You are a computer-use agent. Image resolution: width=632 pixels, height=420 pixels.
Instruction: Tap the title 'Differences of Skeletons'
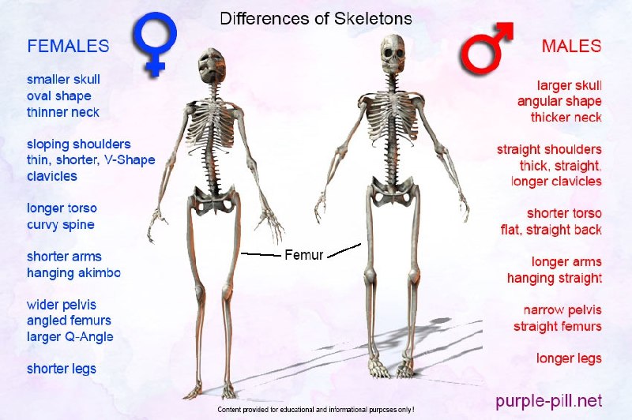316,19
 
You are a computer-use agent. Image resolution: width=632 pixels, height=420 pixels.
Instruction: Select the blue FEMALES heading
68,46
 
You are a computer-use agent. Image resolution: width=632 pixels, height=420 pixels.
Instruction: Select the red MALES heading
571,47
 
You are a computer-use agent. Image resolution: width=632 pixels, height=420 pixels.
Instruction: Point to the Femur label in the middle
304,254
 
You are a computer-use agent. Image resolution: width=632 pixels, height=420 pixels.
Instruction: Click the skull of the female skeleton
211,66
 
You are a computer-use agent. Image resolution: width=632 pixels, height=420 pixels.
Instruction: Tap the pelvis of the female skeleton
213,199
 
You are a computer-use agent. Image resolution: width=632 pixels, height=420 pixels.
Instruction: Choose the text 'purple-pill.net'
548,401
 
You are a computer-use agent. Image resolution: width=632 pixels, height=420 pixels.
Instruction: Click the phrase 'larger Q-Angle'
70,336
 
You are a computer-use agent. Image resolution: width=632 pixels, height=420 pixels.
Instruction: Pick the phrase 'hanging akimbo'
73,272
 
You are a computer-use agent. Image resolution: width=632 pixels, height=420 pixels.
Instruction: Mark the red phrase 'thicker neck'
566,117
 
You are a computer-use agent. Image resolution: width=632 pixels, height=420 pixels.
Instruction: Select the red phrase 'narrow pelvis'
562,310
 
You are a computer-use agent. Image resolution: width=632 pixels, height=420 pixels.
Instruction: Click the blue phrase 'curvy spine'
61,225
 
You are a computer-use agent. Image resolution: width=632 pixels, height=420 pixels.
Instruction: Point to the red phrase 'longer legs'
569,358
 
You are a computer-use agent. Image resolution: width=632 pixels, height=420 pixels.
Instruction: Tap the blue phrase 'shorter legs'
62,369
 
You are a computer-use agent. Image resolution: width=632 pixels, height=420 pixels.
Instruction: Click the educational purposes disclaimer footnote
316,410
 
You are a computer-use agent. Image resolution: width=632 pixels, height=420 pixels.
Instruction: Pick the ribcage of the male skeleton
391,117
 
